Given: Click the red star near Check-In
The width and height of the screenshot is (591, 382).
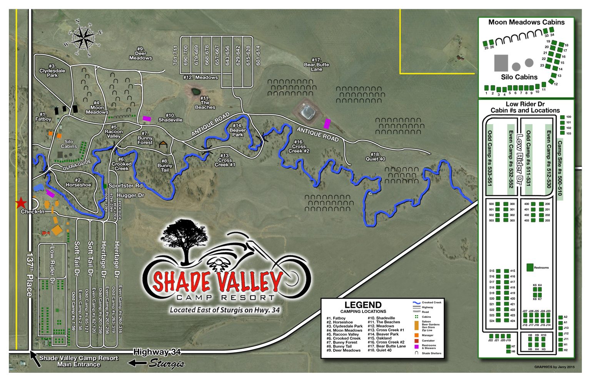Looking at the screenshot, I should pyautogui.click(x=21, y=203).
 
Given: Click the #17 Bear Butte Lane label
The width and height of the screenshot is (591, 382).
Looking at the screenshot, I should pyautogui.click(x=316, y=65).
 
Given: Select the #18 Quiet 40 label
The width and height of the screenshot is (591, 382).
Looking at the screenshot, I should pyautogui.click(x=375, y=156).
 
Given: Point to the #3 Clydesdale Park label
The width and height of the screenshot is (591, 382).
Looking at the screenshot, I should pyautogui.click(x=52, y=71).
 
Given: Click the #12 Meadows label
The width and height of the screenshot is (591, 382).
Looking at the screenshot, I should pyautogui.click(x=200, y=77).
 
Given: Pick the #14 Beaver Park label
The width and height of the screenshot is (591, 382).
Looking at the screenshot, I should pyautogui.click(x=237, y=130).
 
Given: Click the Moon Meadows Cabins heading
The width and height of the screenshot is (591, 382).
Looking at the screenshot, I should pyautogui.click(x=526, y=22).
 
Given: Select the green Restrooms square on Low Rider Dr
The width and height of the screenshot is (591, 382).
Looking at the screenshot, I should pyautogui.click(x=530, y=267).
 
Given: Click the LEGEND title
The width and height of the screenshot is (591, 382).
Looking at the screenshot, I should pyautogui.click(x=363, y=305).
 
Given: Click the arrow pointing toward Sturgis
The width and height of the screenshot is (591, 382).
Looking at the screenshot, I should pyautogui.click(x=137, y=363).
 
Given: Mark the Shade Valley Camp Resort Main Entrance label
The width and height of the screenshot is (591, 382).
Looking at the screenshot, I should pyautogui.click(x=79, y=361).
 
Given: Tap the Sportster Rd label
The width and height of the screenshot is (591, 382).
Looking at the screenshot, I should pyautogui.click(x=125, y=186).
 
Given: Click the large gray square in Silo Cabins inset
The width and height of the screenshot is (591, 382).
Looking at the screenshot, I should pyautogui.click(x=501, y=63).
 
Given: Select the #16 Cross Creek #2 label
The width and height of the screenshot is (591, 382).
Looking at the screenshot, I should pyautogui.click(x=299, y=146).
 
